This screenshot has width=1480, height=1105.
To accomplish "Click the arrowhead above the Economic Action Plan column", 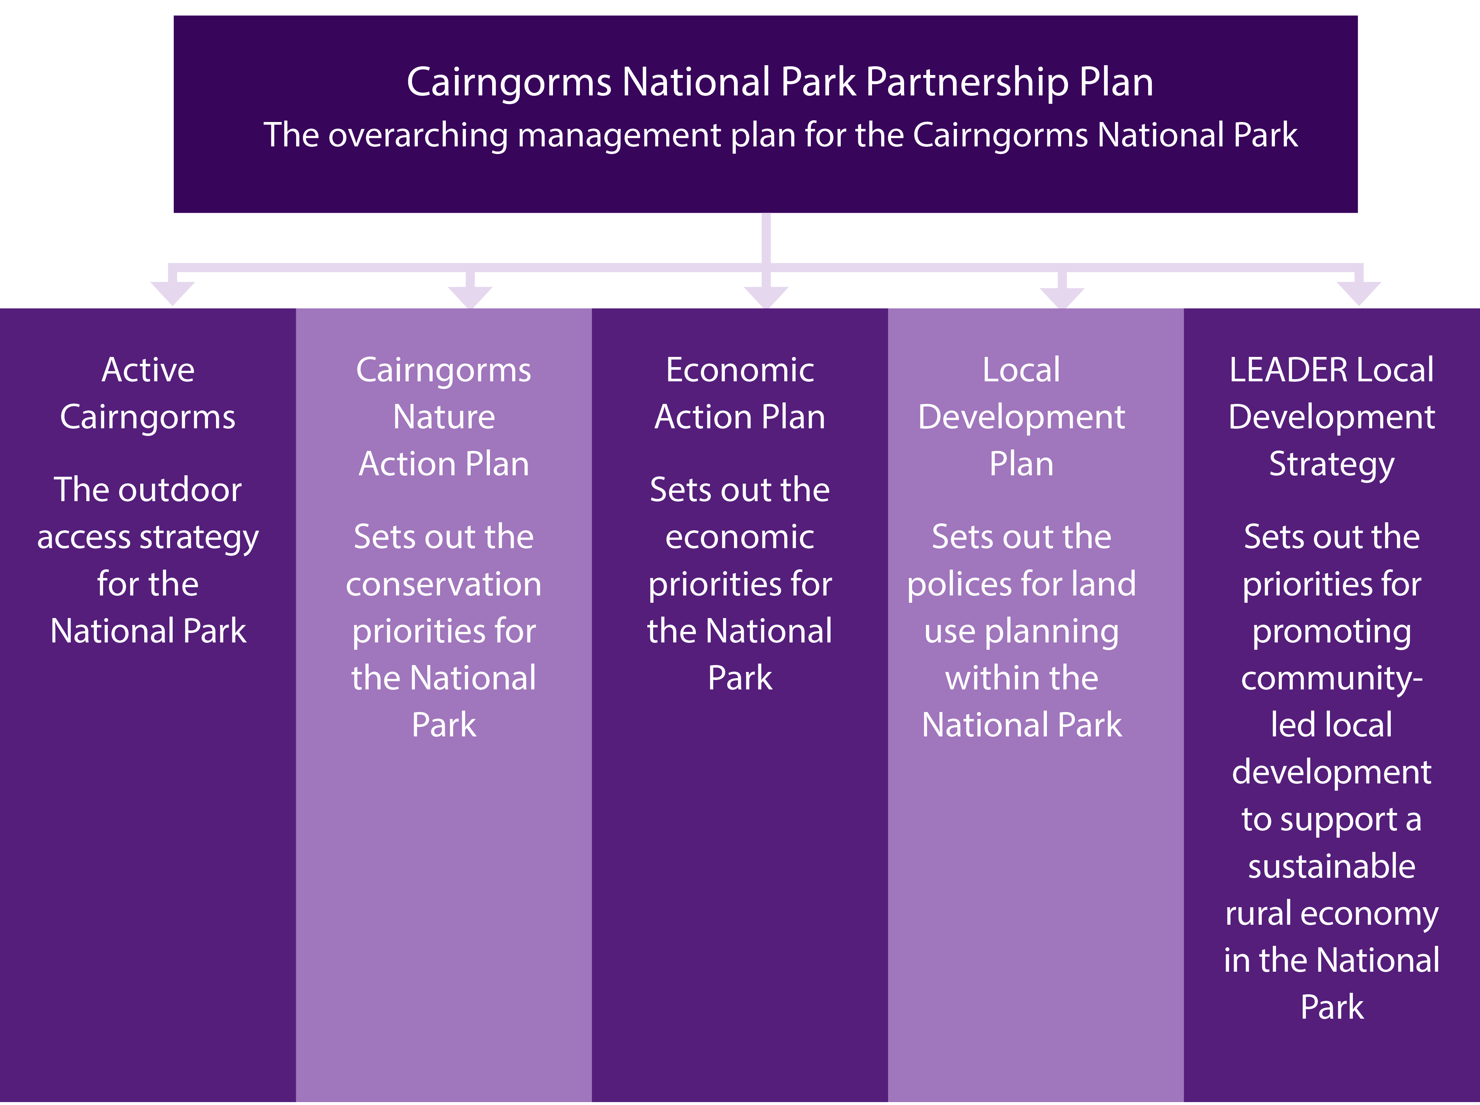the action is pos(766,297).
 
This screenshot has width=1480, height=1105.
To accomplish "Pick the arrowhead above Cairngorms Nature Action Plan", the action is pos(470,297).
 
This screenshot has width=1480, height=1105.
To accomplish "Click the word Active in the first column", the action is pos(148,370).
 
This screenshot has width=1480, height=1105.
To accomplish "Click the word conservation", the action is pos(444,585).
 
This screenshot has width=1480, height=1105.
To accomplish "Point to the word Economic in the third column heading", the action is pos(740,370).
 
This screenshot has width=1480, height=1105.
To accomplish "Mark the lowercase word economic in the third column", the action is pos(740,537).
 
